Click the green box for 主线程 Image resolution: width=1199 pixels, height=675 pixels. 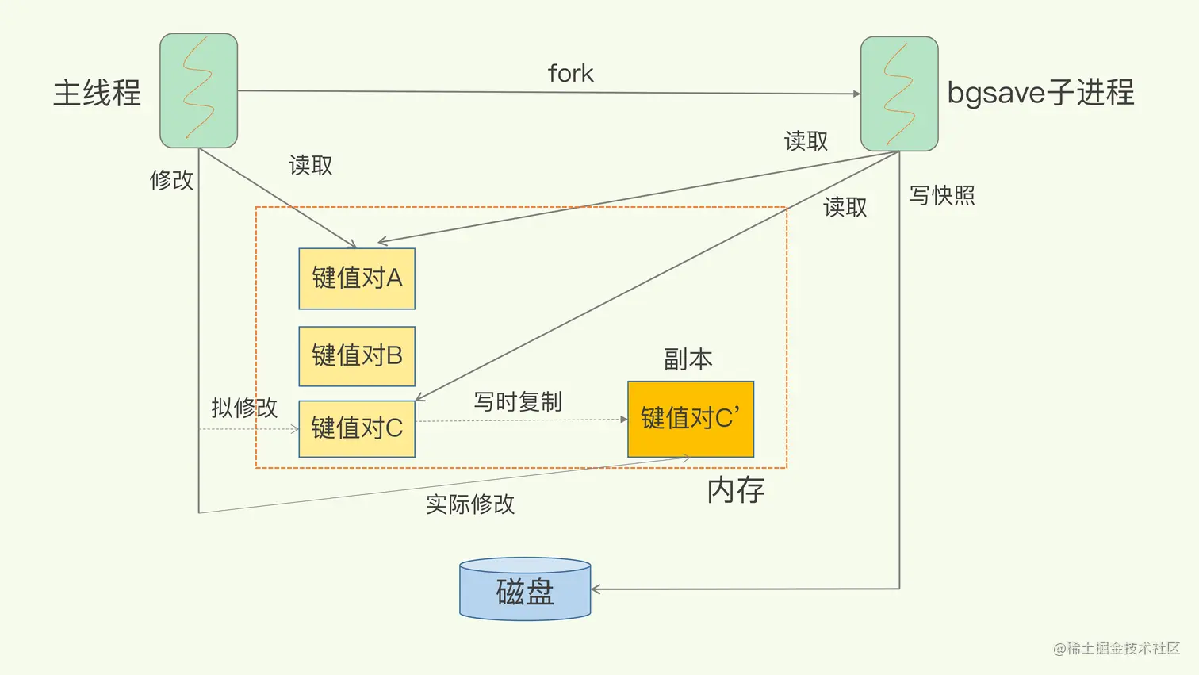[x=198, y=90]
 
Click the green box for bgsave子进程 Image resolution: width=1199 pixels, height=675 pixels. [x=899, y=94]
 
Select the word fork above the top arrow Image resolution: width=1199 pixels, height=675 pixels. [x=570, y=74]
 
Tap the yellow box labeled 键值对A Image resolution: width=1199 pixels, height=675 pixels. [x=357, y=278]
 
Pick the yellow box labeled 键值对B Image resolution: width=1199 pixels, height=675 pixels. [x=357, y=356]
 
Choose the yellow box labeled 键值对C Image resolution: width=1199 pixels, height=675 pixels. [x=357, y=428]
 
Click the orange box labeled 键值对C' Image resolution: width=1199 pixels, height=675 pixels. [x=690, y=419]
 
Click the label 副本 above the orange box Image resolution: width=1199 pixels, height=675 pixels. [x=688, y=359]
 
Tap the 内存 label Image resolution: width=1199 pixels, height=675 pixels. [x=736, y=490]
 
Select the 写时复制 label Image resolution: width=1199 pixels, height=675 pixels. [x=518, y=402]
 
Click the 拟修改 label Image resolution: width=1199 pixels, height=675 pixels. [x=244, y=408]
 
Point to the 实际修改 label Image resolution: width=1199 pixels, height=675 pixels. [x=470, y=504]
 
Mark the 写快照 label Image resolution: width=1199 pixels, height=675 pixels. [x=942, y=195]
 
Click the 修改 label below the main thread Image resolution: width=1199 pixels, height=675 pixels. [x=171, y=180]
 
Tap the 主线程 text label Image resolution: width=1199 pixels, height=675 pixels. [x=97, y=93]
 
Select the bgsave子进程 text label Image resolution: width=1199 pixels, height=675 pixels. [x=1040, y=93]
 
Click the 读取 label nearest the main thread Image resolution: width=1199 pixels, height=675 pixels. [x=310, y=165]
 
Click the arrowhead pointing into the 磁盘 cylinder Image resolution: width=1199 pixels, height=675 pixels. [x=596, y=589]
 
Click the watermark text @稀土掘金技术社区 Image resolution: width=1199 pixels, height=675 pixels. [x=1117, y=648]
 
